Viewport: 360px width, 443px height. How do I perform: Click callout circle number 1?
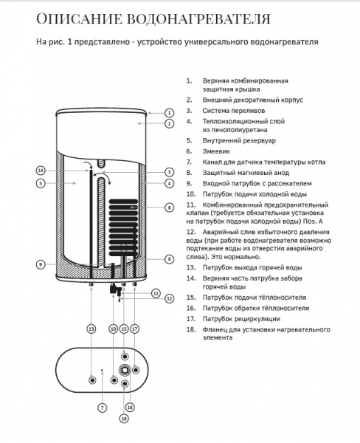point(169,113)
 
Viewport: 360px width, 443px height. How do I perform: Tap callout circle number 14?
point(41,171)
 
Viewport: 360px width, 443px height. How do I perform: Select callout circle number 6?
point(169,207)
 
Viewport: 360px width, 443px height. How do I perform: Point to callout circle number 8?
point(169,259)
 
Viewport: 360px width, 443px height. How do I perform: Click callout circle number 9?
point(41,264)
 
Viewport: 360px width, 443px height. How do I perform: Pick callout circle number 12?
point(169,298)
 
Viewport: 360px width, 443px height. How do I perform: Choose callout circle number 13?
point(91,329)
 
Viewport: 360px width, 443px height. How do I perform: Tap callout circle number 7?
point(103,408)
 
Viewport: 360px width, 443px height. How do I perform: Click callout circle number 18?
point(130,407)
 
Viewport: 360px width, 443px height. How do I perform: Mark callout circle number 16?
point(124,419)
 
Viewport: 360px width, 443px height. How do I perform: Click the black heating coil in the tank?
point(123,227)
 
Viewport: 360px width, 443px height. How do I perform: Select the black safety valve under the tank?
point(115,290)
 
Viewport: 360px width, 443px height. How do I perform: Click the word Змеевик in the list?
point(216,151)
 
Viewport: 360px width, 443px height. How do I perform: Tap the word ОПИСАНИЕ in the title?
point(79,19)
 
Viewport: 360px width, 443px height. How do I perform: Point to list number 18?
point(191,329)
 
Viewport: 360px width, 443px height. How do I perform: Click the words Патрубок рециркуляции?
point(241,319)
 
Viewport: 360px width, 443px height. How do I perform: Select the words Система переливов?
point(234,111)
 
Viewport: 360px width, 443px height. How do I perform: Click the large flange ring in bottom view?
point(125,370)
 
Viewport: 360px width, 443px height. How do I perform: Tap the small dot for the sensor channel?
point(102,370)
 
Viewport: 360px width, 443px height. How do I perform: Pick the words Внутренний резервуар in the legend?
point(239,141)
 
